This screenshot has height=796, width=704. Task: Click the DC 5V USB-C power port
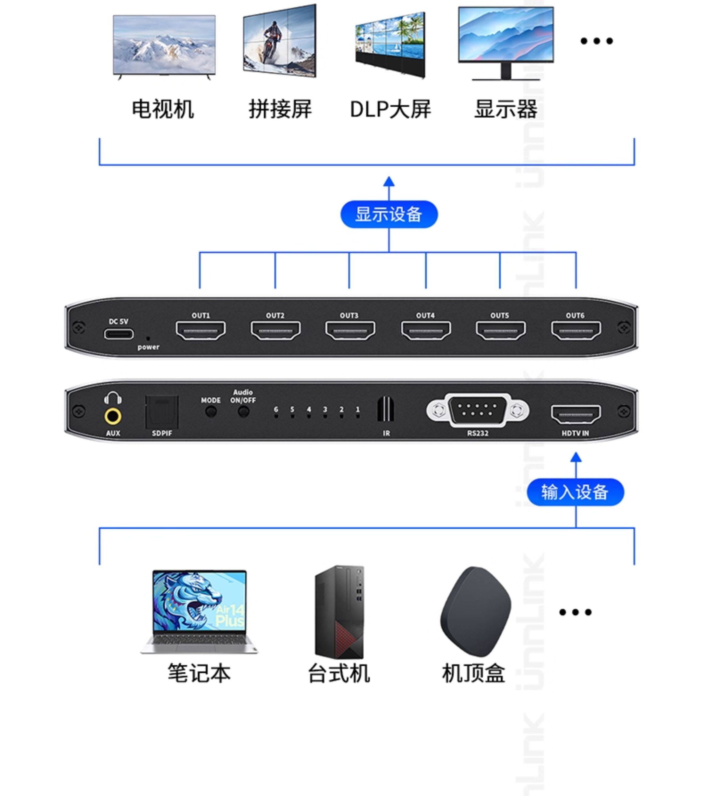pyautogui.click(x=118, y=334)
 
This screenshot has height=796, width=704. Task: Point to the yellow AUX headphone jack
pyautogui.click(x=112, y=416)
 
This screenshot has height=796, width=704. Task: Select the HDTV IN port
pyautogui.click(x=575, y=414)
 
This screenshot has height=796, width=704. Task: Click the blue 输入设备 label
pyautogui.click(x=575, y=492)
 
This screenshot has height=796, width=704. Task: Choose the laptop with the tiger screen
pyautogui.click(x=199, y=611)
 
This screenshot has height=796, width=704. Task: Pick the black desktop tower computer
pyautogui.click(x=339, y=612)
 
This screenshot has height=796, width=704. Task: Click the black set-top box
pyautogui.click(x=475, y=611)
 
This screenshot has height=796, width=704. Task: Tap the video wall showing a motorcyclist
pyautogui.click(x=280, y=41)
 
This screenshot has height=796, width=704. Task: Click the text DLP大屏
pyautogui.click(x=390, y=109)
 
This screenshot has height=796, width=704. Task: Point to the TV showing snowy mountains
pyautogui.click(x=164, y=46)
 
